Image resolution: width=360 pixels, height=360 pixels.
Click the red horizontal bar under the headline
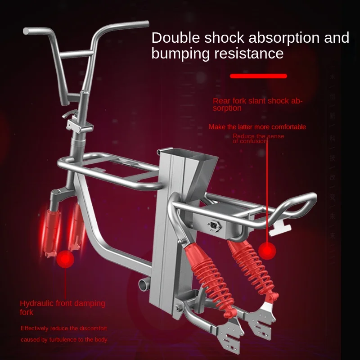pos(258,76)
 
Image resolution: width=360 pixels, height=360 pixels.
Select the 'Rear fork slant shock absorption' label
pos(257,104)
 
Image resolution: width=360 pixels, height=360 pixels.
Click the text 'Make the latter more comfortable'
pos(257,127)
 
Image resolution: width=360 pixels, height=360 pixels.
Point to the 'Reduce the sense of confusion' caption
pos(258,139)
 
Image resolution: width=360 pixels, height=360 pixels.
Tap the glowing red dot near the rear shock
pos(269,250)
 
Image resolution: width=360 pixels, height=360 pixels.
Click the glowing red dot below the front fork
pos(66,260)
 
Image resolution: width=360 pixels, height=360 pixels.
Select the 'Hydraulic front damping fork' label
pos(62,307)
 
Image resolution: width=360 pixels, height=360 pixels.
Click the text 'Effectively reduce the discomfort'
pos(63,328)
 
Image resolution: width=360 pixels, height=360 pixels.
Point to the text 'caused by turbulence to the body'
pos(64,340)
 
